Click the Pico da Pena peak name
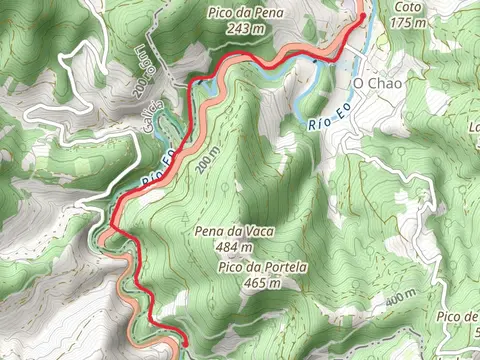tap(245, 12)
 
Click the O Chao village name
tap(377, 84)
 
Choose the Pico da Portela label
tap(260, 267)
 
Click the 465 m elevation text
tap(260, 283)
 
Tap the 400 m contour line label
tap(399, 299)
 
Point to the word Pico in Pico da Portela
tap(231, 267)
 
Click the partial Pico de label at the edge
tap(458, 318)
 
